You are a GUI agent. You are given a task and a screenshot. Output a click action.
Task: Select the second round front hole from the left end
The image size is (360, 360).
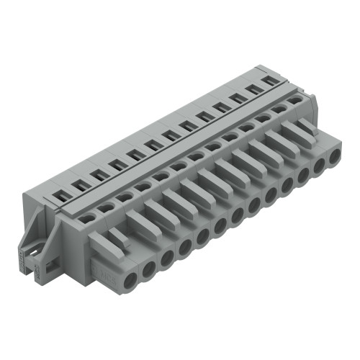(150, 269)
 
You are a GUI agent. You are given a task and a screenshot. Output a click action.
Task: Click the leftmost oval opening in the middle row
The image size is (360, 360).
(88, 215)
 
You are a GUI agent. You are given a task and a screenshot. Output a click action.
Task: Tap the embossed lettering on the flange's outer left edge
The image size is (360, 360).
(35, 270)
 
